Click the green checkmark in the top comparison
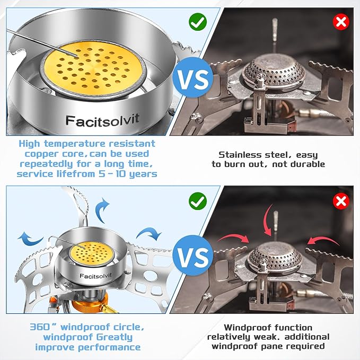click(198, 22)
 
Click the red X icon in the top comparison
click(341, 22)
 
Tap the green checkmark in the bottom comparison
click(198, 201)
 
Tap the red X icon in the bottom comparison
click(341, 201)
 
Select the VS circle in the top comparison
click(193, 77)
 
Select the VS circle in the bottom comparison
click(193, 256)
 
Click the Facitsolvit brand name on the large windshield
click(102, 120)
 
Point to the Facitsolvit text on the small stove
click(95, 276)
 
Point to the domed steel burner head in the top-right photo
click(274, 68)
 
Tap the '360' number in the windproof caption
click(40, 327)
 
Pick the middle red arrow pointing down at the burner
click(267, 221)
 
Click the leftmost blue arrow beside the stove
click(30, 239)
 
